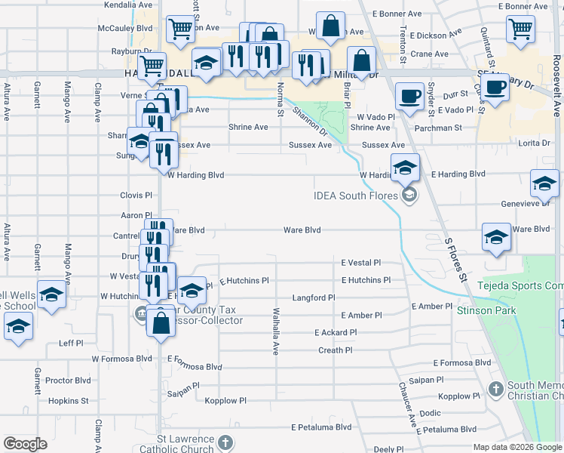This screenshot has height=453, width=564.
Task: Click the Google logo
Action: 25,444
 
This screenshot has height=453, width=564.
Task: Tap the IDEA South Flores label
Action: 357,196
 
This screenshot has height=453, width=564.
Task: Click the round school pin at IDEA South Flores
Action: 409,196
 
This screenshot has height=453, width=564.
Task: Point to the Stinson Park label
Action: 484,310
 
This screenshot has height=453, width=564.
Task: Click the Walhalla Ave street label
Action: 276,331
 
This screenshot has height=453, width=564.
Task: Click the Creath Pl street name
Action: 336,350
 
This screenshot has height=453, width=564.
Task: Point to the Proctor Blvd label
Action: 68,381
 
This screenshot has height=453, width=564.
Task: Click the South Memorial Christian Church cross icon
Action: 495,389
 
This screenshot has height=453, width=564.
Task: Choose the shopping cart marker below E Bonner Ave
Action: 521,29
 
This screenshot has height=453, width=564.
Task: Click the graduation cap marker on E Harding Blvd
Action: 405,167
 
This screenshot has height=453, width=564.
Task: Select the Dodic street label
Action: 430,413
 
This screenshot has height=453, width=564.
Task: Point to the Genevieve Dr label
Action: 526,203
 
